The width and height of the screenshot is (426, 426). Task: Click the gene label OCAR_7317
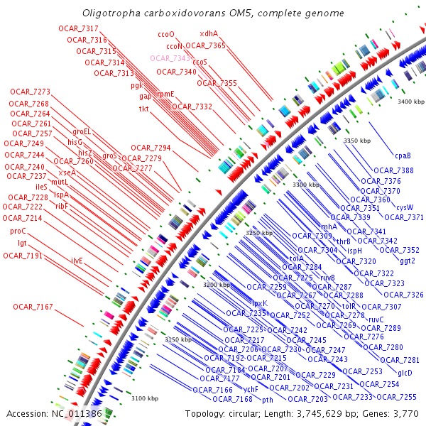[80, 28]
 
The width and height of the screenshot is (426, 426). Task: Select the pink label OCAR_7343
[170, 58]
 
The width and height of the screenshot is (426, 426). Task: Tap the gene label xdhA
[209, 33]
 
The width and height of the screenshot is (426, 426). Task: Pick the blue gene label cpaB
[403, 155]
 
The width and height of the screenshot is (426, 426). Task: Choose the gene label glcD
[405, 373]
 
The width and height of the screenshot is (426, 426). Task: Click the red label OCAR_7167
[33, 307]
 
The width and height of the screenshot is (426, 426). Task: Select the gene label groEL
[82, 131]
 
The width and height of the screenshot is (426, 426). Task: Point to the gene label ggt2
[408, 261]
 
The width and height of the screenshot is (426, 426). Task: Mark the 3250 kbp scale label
[259, 233]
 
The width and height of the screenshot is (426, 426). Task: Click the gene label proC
[18, 231]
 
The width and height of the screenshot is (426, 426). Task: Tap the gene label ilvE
[77, 261]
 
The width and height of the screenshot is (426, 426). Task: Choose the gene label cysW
[405, 207]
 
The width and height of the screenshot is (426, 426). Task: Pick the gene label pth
[268, 400]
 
